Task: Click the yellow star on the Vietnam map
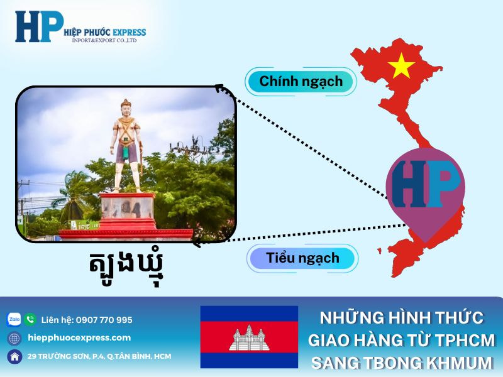point(401,65)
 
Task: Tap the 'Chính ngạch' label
point(301,81)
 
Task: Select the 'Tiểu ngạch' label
point(302,258)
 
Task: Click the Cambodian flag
point(249,337)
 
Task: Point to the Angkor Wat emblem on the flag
point(249,338)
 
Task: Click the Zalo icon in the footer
point(14,320)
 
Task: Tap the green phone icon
point(30,320)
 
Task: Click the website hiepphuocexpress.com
point(80,338)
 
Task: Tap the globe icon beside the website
point(14,338)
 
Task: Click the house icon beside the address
point(14,356)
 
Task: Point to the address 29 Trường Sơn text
point(99,356)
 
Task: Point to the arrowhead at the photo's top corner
point(219,89)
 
